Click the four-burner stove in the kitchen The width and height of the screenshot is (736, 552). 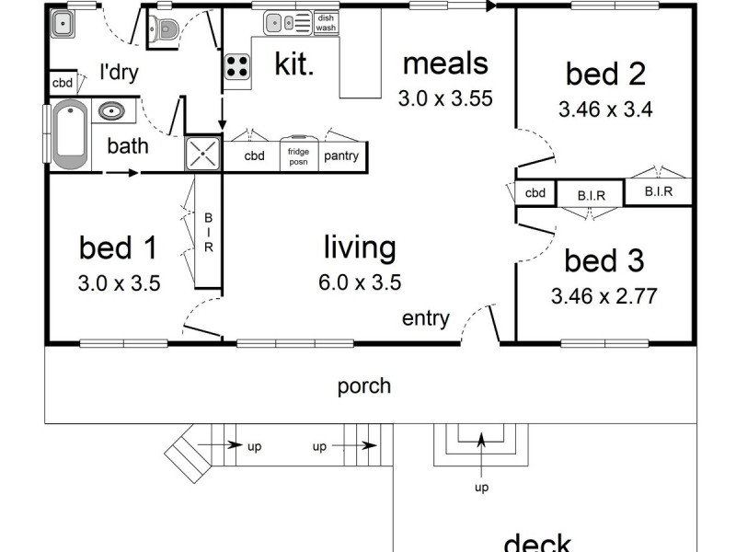tap(237, 66)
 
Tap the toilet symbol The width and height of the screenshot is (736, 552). tap(164, 29)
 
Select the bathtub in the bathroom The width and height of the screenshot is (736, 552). tap(70, 136)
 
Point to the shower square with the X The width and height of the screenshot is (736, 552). tap(203, 154)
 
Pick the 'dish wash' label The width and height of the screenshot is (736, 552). tap(326, 23)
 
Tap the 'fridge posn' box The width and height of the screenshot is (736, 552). tap(297, 155)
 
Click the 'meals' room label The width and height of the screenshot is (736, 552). tap(445, 63)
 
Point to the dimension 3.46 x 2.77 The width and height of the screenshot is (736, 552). tap(603, 296)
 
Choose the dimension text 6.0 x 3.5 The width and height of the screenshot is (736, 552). tap(360, 282)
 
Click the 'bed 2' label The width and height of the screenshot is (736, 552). tap(604, 73)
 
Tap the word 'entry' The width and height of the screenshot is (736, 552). tap(425, 319)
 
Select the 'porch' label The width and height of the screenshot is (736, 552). tap(364, 385)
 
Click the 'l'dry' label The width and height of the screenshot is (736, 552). tap(119, 73)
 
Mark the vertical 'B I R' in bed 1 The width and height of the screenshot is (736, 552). tap(208, 234)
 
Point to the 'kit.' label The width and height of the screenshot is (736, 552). tap(293, 64)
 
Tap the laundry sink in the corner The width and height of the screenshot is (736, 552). tap(63, 25)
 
